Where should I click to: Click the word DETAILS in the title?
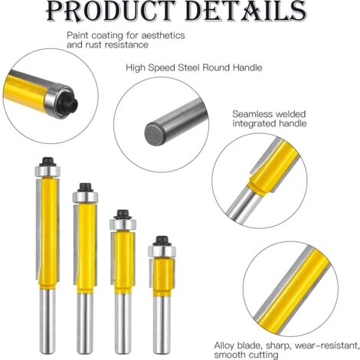[246, 11]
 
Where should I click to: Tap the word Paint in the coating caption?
[77, 35]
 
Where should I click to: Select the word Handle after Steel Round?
[247, 67]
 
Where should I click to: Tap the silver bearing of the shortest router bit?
[162, 251]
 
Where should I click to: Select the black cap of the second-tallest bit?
[85, 188]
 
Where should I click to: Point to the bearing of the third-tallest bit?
[123, 224]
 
